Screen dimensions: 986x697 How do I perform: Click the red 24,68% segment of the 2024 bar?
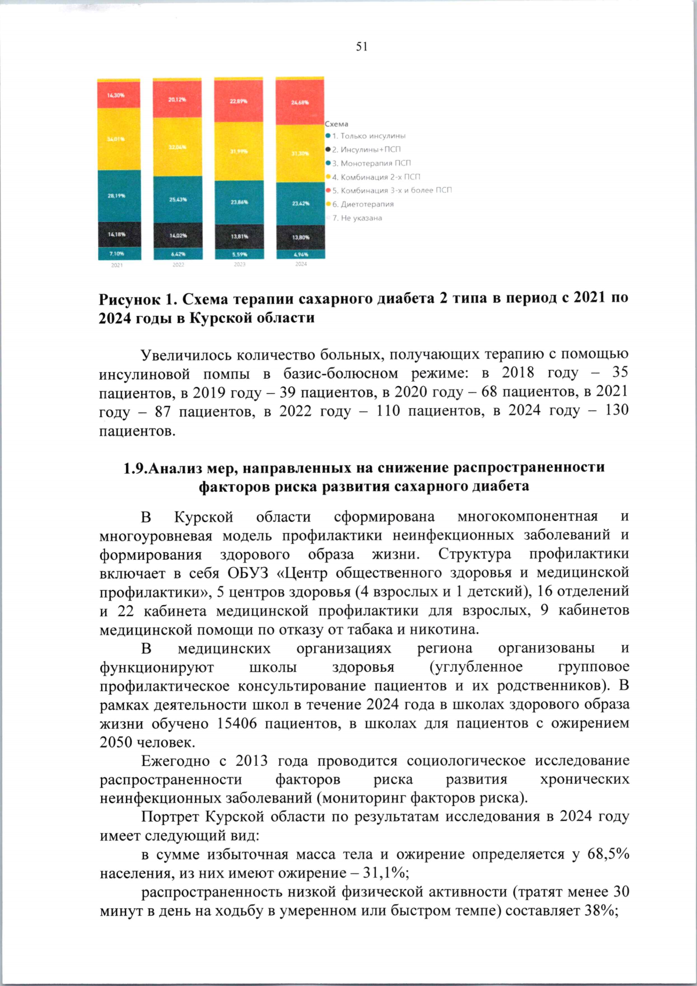pyautogui.click(x=300, y=102)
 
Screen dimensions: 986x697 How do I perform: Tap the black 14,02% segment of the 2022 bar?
pyautogui.click(x=178, y=236)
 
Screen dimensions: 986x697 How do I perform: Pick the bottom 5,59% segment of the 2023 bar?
pyautogui.click(x=239, y=254)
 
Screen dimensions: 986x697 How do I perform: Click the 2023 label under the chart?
pyautogui.click(x=239, y=264)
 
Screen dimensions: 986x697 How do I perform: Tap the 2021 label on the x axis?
pyautogui.click(x=117, y=265)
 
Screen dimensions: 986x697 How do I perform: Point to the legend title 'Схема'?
pyautogui.click(x=336, y=124)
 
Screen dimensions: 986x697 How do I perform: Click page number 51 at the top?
pyautogui.click(x=362, y=47)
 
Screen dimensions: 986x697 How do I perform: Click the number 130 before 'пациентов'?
pyautogui.click(x=616, y=410)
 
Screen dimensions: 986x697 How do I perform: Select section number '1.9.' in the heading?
pyautogui.click(x=135, y=468)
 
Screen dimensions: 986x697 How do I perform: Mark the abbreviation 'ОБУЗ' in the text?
pyautogui.click(x=247, y=573)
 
